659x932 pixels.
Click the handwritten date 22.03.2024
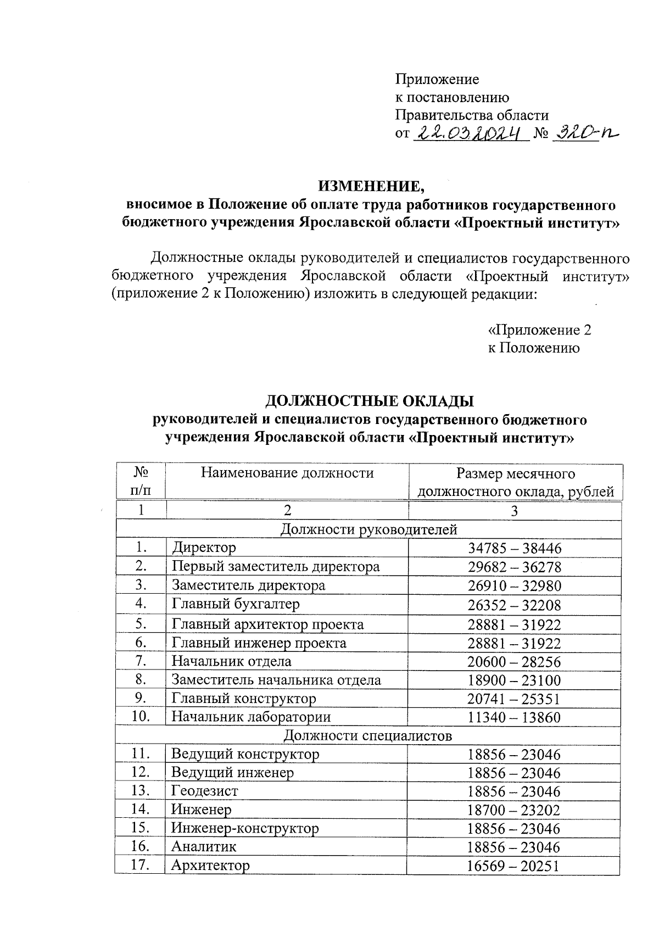coord(470,132)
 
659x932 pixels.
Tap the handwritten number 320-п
coord(585,132)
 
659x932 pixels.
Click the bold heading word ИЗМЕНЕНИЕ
coord(372,186)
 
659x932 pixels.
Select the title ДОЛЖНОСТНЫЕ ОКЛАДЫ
coord(370,401)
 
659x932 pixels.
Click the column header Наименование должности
coord(287,473)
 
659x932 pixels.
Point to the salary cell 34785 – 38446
coord(515,548)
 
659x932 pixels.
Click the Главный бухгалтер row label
coord(236,604)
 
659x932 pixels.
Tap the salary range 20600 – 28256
coord(515,662)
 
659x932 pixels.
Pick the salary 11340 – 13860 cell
coord(515,717)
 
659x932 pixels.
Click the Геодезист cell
coord(204,791)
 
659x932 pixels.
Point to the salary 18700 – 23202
coord(515,810)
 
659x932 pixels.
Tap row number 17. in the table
coord(141,866)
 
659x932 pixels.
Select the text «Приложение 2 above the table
coord(540,330)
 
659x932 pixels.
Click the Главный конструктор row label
coord(244,699)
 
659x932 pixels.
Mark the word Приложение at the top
coord(437,79)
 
